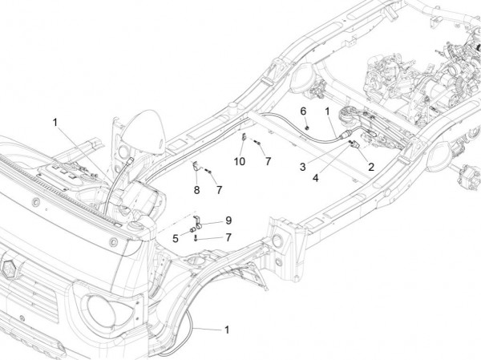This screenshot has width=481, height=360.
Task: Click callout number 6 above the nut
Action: (x=304, y=110)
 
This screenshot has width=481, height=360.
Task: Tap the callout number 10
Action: (x=240, y=161)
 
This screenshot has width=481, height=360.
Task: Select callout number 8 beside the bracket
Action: (x=196, y=190)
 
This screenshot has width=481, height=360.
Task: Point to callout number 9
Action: (x=228, y=220)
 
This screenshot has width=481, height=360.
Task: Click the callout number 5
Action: (x=176, y=237)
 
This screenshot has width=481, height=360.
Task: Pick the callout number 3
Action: (x=302, y=167)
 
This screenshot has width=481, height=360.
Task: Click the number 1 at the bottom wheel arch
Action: (x=227, y=330)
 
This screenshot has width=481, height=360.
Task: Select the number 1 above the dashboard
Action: (x=55, y=122)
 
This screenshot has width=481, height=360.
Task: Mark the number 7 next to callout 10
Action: (x=269, y=161)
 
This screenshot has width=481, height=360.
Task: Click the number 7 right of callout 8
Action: (x=220, y=189)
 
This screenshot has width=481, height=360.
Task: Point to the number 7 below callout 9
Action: (x=228, y=237)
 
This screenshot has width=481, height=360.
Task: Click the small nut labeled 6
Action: (x=309, y=125)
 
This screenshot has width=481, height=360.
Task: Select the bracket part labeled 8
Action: (x=195, y=168)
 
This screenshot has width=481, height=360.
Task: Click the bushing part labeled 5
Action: (x=192, y=231)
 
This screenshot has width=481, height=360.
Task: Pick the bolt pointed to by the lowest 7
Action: (x=196, y=237)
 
